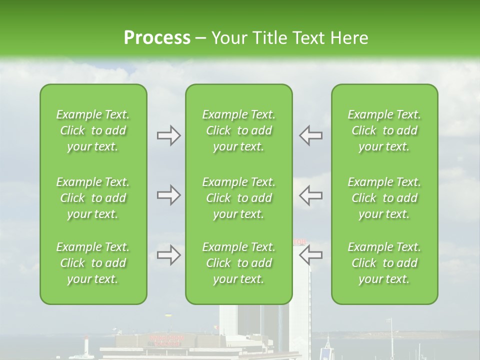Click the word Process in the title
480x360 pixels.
(157, 37)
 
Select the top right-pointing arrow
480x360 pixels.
(168, 135)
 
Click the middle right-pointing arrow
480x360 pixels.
(168, 195)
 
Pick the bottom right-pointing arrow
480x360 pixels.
(168, 255)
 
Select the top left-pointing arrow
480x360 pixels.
(310, 135)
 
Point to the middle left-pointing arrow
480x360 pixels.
(310, 195)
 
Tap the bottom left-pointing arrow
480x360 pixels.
(310, 255)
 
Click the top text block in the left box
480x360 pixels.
(93, 130)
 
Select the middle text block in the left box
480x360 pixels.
(93, 198)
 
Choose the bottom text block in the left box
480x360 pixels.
(93, 263)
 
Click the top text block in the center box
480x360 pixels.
(239, 130)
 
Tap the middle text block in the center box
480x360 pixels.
(239, 198)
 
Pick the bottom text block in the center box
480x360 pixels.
(239, 263)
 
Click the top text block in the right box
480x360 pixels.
(384, 130)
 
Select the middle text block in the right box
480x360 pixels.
(384, 198)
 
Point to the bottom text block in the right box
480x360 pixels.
(384, 263)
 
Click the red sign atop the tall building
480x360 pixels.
(299, 242)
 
